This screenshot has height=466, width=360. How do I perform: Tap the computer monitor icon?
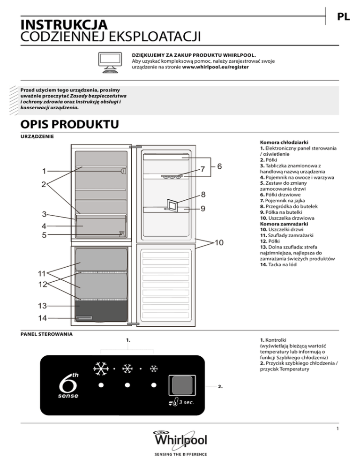[x=112, y=62]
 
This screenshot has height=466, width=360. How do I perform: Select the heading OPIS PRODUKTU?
[x=66, y=125]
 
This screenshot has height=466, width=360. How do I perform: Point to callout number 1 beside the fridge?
[x=44, y=171]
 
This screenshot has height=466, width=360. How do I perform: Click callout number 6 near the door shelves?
[x=219, y=166]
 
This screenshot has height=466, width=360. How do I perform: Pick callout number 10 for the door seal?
[x=219, y=242]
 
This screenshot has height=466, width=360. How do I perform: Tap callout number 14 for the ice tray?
[x=43, y=318]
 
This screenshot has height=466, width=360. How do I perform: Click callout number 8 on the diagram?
[x=203, y=194]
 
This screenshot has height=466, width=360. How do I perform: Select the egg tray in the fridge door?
[x=172, y=177]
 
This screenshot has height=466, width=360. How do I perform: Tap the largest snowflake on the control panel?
[x=100, y=369]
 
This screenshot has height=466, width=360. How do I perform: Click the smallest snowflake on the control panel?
[x=153, y=369]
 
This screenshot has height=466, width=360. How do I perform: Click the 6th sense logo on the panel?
[x=68, y=387]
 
